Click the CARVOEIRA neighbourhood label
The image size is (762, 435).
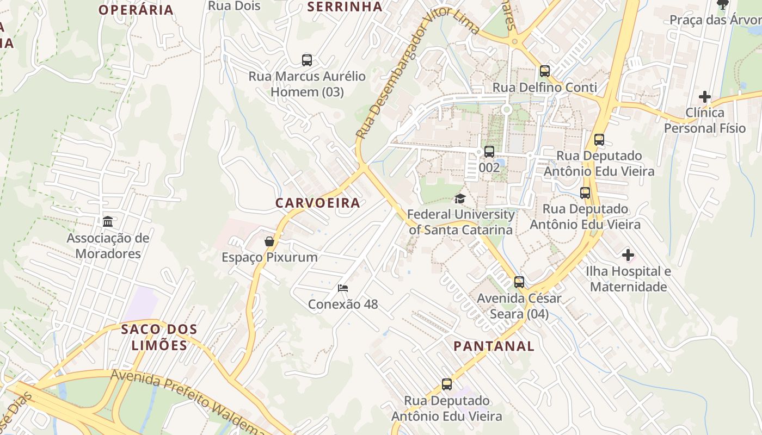tap(317, 203)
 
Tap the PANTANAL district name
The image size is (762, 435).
tap(494, 346)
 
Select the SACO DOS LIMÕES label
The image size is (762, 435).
tap(159, 337)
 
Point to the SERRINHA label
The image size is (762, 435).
tap(345, 7)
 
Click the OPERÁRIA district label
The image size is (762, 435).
tap(136, 10)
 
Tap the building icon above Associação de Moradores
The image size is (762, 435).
tap(108, 221)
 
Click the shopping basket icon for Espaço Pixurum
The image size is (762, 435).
tap(269, 241)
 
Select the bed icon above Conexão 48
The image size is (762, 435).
tap(342, 288)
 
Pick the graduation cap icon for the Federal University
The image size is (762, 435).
tap(460, 198)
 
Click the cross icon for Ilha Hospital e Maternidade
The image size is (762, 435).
tap(628, 254)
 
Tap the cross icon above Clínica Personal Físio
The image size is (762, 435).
tap(705, 97)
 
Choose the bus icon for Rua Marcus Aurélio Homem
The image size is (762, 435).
tap(307, 60)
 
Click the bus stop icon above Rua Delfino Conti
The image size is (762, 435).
tap(544, 71)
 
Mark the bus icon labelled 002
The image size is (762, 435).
tap(489, 151)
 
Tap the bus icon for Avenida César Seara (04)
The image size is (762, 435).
tap(519, 282)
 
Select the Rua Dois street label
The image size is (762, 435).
tap(235, 6)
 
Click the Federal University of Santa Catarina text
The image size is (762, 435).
tap(460, 222)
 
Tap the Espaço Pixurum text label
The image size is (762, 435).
tap(269, 257)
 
